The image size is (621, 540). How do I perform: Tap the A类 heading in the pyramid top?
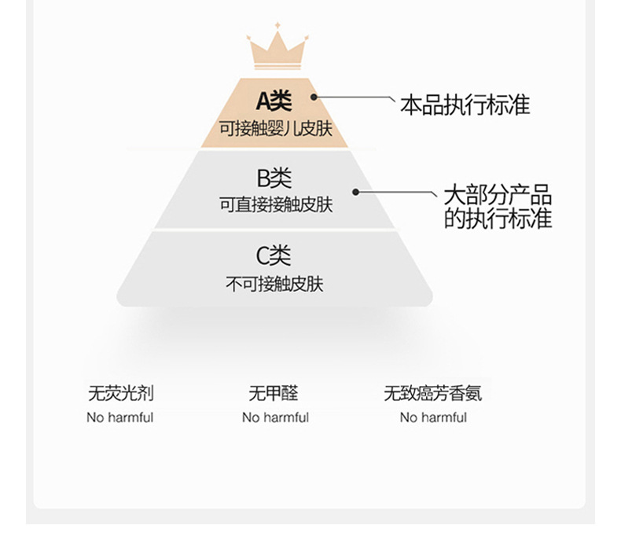coord(274,101)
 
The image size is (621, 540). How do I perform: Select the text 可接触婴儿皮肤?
coord(275,128)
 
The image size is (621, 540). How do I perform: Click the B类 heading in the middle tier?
coord(274,178)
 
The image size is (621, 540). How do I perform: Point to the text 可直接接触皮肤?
coord(275,205)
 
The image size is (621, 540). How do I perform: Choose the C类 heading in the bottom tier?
coord(274,255)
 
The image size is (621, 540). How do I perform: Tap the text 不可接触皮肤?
coord(275,283)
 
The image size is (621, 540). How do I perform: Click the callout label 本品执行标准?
coord(465,105)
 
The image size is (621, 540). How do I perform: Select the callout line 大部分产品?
coord(498,196)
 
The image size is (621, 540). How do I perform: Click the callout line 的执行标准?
coord(498,218)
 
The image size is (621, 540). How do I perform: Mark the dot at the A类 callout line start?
coord(314,97)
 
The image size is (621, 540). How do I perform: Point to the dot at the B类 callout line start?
coord(355,191)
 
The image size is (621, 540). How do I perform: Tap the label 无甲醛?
coord(274,393)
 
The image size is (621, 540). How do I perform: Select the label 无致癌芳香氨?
coord(432,393)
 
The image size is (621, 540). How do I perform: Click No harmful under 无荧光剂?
coord(119,417)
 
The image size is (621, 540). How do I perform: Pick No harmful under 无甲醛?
coord(275,417)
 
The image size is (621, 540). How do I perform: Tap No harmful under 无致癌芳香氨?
coord(433,417)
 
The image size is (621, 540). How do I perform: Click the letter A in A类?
coord(265,101)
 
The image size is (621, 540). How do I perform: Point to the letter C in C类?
coord(263,255)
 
